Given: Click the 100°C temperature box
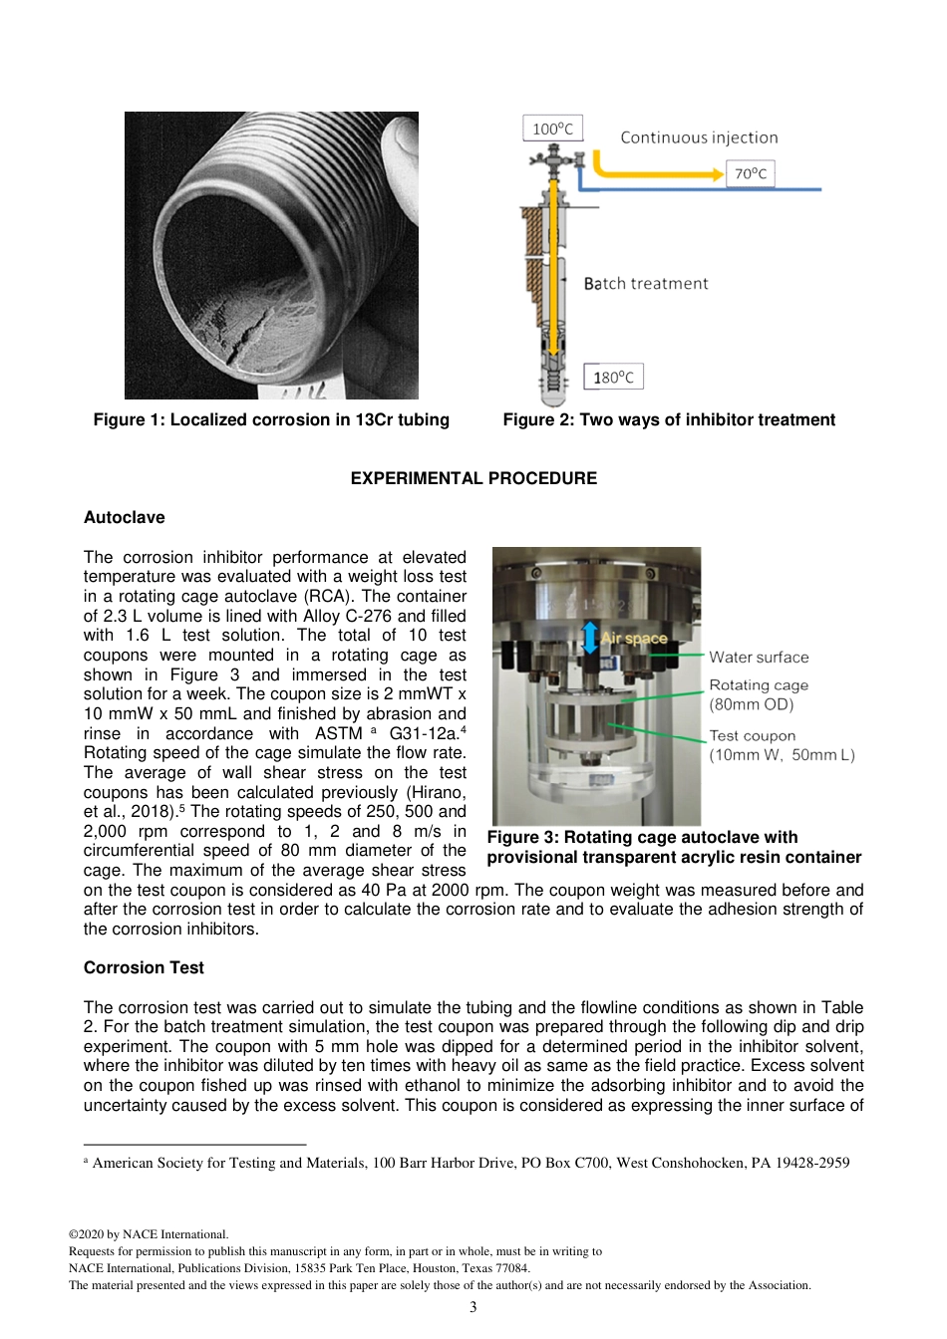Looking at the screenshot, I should [x=552, y=129].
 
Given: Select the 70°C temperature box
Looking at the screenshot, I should [x=750, y=173].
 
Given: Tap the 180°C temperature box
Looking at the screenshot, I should [x=613, y=377].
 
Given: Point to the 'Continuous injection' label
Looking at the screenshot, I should [x=699, y=137].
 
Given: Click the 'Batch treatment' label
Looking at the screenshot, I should [x=646, y=284].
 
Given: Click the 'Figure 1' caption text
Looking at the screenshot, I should [x=271, y=419].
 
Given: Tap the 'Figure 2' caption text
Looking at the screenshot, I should [x=669, y=419].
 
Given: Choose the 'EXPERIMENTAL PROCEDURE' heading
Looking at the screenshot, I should [x=473, y=478].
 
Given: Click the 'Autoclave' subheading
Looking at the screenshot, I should [x=125, y=517].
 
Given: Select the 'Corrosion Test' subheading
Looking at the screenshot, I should [x=144, y=967].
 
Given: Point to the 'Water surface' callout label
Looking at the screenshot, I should [x=759, y=658].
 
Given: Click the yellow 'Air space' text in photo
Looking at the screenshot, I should [x=634, y=638].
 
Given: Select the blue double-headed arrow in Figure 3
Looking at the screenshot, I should [x=590, y=637].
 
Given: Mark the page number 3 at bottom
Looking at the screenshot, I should [x=473, y=1307].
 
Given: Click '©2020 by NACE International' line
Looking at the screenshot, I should [x=149, y=1234].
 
